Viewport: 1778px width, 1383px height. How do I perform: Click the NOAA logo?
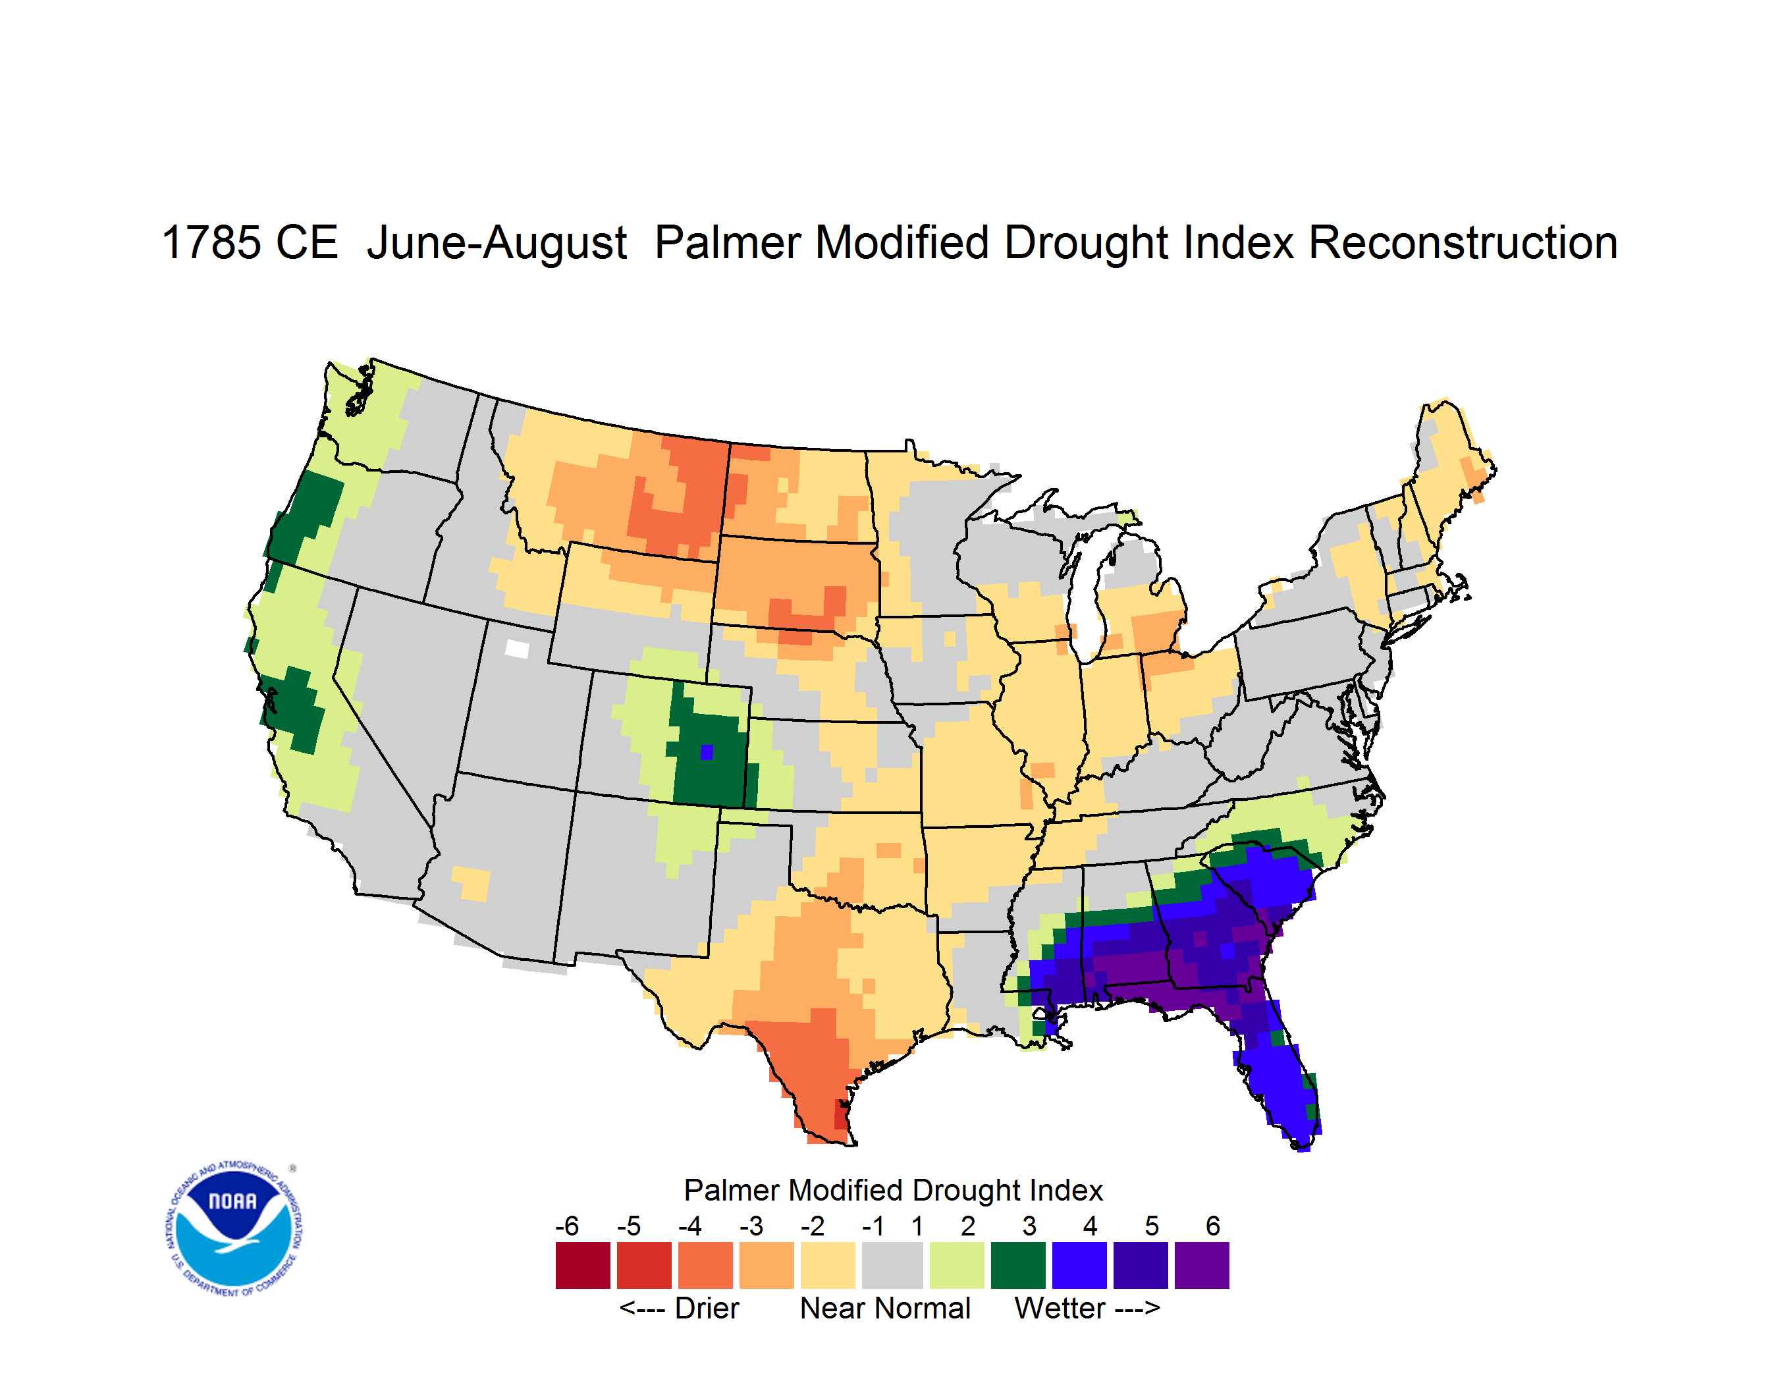(x=234, y=1229)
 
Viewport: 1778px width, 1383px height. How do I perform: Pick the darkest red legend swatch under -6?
(x=583, y=1265)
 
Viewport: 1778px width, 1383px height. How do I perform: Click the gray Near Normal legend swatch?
(x=892, y=1265)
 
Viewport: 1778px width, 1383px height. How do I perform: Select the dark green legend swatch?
(x=1017, y=1265)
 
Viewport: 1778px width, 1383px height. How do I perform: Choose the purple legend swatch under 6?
(x=1202, y=1265)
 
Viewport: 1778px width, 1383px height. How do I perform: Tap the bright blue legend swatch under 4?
(x=1079, y=1265)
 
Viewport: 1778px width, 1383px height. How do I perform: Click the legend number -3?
(x=751, y=1225)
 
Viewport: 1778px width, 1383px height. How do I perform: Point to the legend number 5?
(x=1151, y=1225)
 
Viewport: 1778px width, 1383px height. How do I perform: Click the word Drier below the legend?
(x=707, y=1308)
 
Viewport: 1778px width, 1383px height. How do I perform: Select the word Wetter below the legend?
(x=1060, y=1308)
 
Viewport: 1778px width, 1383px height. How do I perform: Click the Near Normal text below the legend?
(x=885, y=1308)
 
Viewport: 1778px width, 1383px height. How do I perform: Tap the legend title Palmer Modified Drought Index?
(x=893, y=1190)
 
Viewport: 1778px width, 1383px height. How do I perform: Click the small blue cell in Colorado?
(x=707, y=752)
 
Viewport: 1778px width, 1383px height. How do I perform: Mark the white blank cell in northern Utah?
(x=517, y=649)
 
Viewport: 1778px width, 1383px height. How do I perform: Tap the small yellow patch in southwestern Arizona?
(x=471, y=883)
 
